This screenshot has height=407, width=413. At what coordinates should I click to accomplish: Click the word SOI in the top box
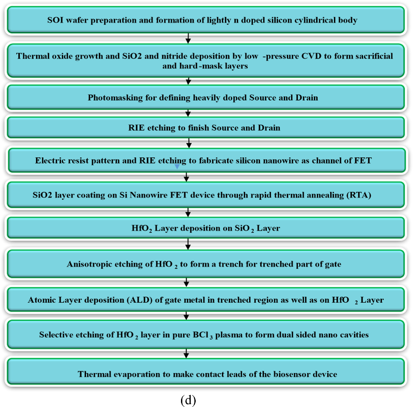pos(55,20)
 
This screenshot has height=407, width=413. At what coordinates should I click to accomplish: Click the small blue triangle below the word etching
pos(177,167)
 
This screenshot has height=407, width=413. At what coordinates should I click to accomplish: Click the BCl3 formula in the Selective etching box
pos(203,335)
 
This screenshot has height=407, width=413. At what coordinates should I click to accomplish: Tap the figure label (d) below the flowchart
pos(188,400)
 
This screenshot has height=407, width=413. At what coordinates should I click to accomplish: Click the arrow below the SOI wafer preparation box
pos(188,38)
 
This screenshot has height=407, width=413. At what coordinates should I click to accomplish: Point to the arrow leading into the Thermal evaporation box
pos(186,353)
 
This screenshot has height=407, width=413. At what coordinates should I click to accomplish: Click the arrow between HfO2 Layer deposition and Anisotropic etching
pos(188,244)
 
